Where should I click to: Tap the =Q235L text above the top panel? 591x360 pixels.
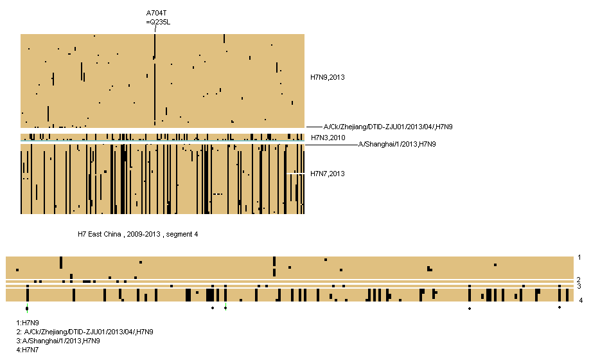pos(158,22)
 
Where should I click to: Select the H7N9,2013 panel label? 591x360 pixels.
pos(328,78)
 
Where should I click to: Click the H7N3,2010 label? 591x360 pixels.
pos(328,138)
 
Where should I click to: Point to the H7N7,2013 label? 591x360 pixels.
pos(328,174)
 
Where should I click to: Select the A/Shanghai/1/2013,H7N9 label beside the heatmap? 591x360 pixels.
pos(397,145)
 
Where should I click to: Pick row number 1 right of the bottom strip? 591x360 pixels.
pos(579,258)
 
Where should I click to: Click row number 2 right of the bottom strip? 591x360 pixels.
pos(579,280)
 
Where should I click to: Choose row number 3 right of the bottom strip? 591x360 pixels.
pos(579,286)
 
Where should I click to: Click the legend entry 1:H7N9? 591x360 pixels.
pos(28,323)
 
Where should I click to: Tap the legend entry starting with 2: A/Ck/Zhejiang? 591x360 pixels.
pos(85,332)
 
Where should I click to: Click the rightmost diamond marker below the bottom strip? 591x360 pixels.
pos(560,307)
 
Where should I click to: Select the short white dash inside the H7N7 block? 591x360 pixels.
pos(295,173)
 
